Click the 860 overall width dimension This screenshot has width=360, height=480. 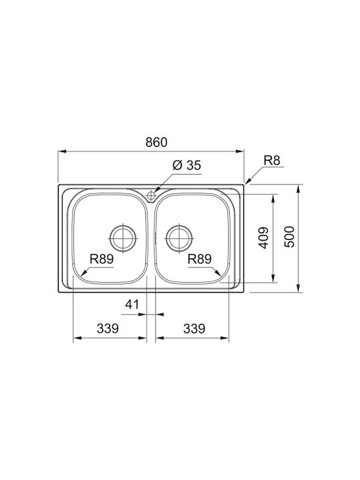[157, 143]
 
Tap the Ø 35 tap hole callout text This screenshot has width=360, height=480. [187, 165]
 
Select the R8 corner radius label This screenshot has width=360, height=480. [272, 160]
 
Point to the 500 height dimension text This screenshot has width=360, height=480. [289, 237]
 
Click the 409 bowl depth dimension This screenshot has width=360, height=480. [263, 237]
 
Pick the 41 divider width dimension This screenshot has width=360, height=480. [132, 304]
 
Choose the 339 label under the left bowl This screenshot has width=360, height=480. [108, 329]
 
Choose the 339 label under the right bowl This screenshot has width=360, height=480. [194, 329]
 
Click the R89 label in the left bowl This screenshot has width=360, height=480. [101, 259]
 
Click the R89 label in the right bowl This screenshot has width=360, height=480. [199, 259]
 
